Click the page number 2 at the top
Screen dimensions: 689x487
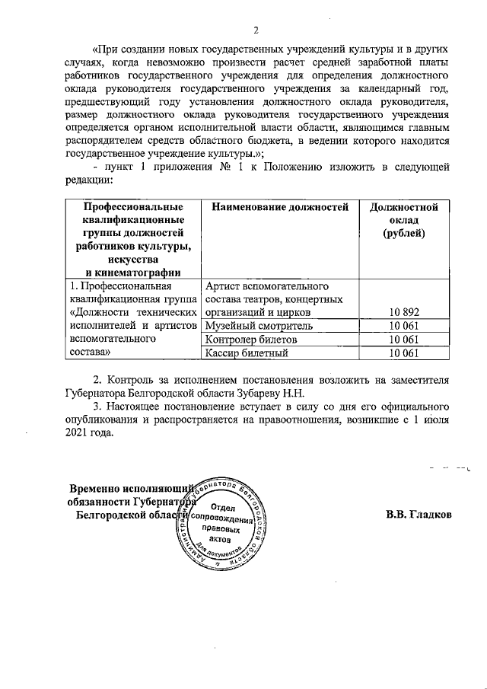coord(256,30)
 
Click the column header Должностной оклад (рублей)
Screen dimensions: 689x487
coord(403,220)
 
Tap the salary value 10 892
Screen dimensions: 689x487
coord(403,312)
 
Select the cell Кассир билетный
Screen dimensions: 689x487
coord(247,352)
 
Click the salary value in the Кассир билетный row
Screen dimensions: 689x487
coord(403,352)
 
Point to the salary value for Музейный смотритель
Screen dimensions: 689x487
coord(403,326)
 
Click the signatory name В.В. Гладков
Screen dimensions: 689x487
coord(419,515)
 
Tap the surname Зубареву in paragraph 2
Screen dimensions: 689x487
coord(250,394)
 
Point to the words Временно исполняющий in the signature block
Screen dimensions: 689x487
coord(129,488)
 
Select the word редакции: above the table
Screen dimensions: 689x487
coord(88,181)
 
